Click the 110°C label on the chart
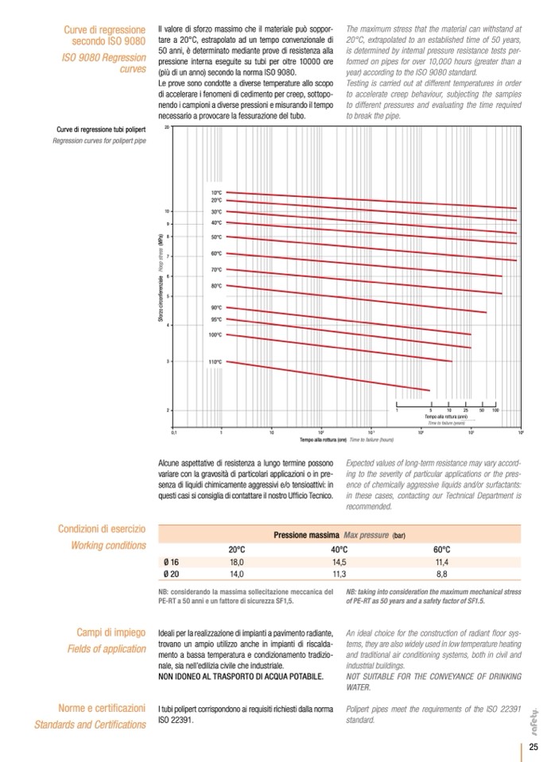(x=215, y=362)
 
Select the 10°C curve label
(x=215, y=193)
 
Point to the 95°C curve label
(x=215, y=319)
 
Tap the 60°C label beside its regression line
(x=215, y=253)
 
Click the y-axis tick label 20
(x=167, y=127)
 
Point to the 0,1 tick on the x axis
(x=173, y=432)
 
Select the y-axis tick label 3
(x=168, y=362)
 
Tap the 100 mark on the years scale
(x=495, y=410)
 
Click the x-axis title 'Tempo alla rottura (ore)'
(x=324, y=439)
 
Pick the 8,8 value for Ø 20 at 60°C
(x=442, y=573)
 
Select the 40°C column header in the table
(x=339, y=549)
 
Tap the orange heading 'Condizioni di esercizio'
(x=102, y=529)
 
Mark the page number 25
(x=534, y=746)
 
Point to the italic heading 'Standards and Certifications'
(x=90, y=724)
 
